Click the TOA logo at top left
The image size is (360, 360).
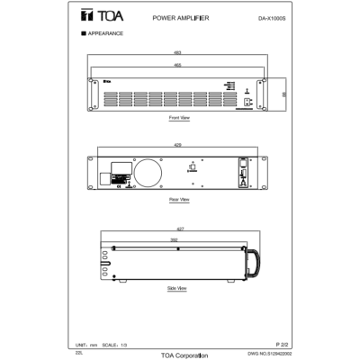(90, 17)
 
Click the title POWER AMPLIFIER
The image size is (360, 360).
(182, 17)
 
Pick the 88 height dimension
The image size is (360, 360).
(284, 92)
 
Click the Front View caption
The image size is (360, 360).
(179, 118)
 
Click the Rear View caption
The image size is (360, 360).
(179, 199)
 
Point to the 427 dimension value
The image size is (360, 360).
(179, 229)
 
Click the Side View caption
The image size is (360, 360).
(177, 288)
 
